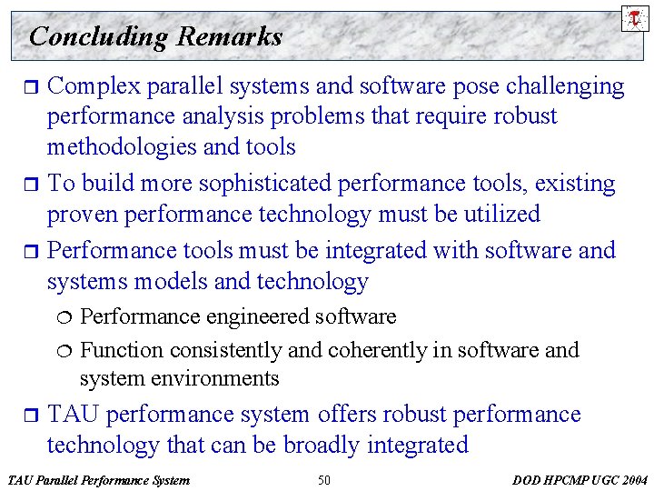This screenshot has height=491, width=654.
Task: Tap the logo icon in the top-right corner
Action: coord(634,18)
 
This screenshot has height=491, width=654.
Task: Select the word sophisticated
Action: coord(264,184)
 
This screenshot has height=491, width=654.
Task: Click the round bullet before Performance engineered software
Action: coord(63,317)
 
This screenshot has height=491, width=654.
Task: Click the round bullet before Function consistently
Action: coord(63,351)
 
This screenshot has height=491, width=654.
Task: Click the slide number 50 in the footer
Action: coord(324,480)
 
